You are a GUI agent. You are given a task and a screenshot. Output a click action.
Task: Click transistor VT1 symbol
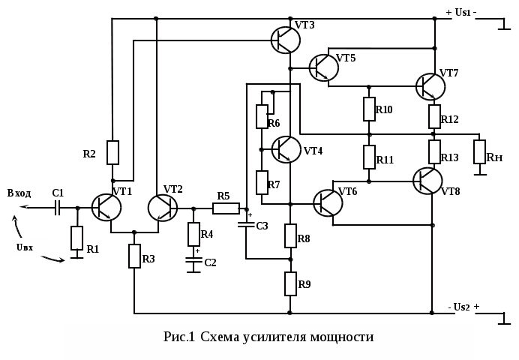coord(106,207)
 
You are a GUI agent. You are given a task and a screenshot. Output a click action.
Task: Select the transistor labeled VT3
coord(286,40)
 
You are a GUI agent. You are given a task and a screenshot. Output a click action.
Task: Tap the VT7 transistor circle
coord(430,87)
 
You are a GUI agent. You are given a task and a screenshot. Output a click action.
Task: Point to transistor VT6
coord(328,203)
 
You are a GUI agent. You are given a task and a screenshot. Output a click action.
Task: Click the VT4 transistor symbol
coord(286,149)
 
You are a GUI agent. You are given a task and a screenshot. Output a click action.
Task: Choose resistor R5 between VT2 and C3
coord(226,208)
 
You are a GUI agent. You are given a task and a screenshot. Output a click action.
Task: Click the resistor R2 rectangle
coord(112,152)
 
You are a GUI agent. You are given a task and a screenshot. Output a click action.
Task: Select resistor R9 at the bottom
coord(291,283)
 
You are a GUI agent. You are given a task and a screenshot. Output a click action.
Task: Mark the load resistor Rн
coord(480,151)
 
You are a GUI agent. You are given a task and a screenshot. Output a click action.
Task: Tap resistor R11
coord(369,157)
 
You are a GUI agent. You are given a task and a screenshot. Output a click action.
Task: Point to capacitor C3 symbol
coord(246,224)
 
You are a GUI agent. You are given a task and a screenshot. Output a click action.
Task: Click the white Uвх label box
coord(30,247)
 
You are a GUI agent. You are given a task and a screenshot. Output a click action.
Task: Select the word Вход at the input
coord(19,193)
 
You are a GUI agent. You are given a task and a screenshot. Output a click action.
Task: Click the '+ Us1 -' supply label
coord(462,12)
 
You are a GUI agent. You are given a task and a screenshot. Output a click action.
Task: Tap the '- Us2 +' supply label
coord(463,307)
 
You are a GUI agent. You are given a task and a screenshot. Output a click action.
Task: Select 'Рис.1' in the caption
coord(179,337)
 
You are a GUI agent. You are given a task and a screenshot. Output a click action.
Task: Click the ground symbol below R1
coord(76,256)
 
